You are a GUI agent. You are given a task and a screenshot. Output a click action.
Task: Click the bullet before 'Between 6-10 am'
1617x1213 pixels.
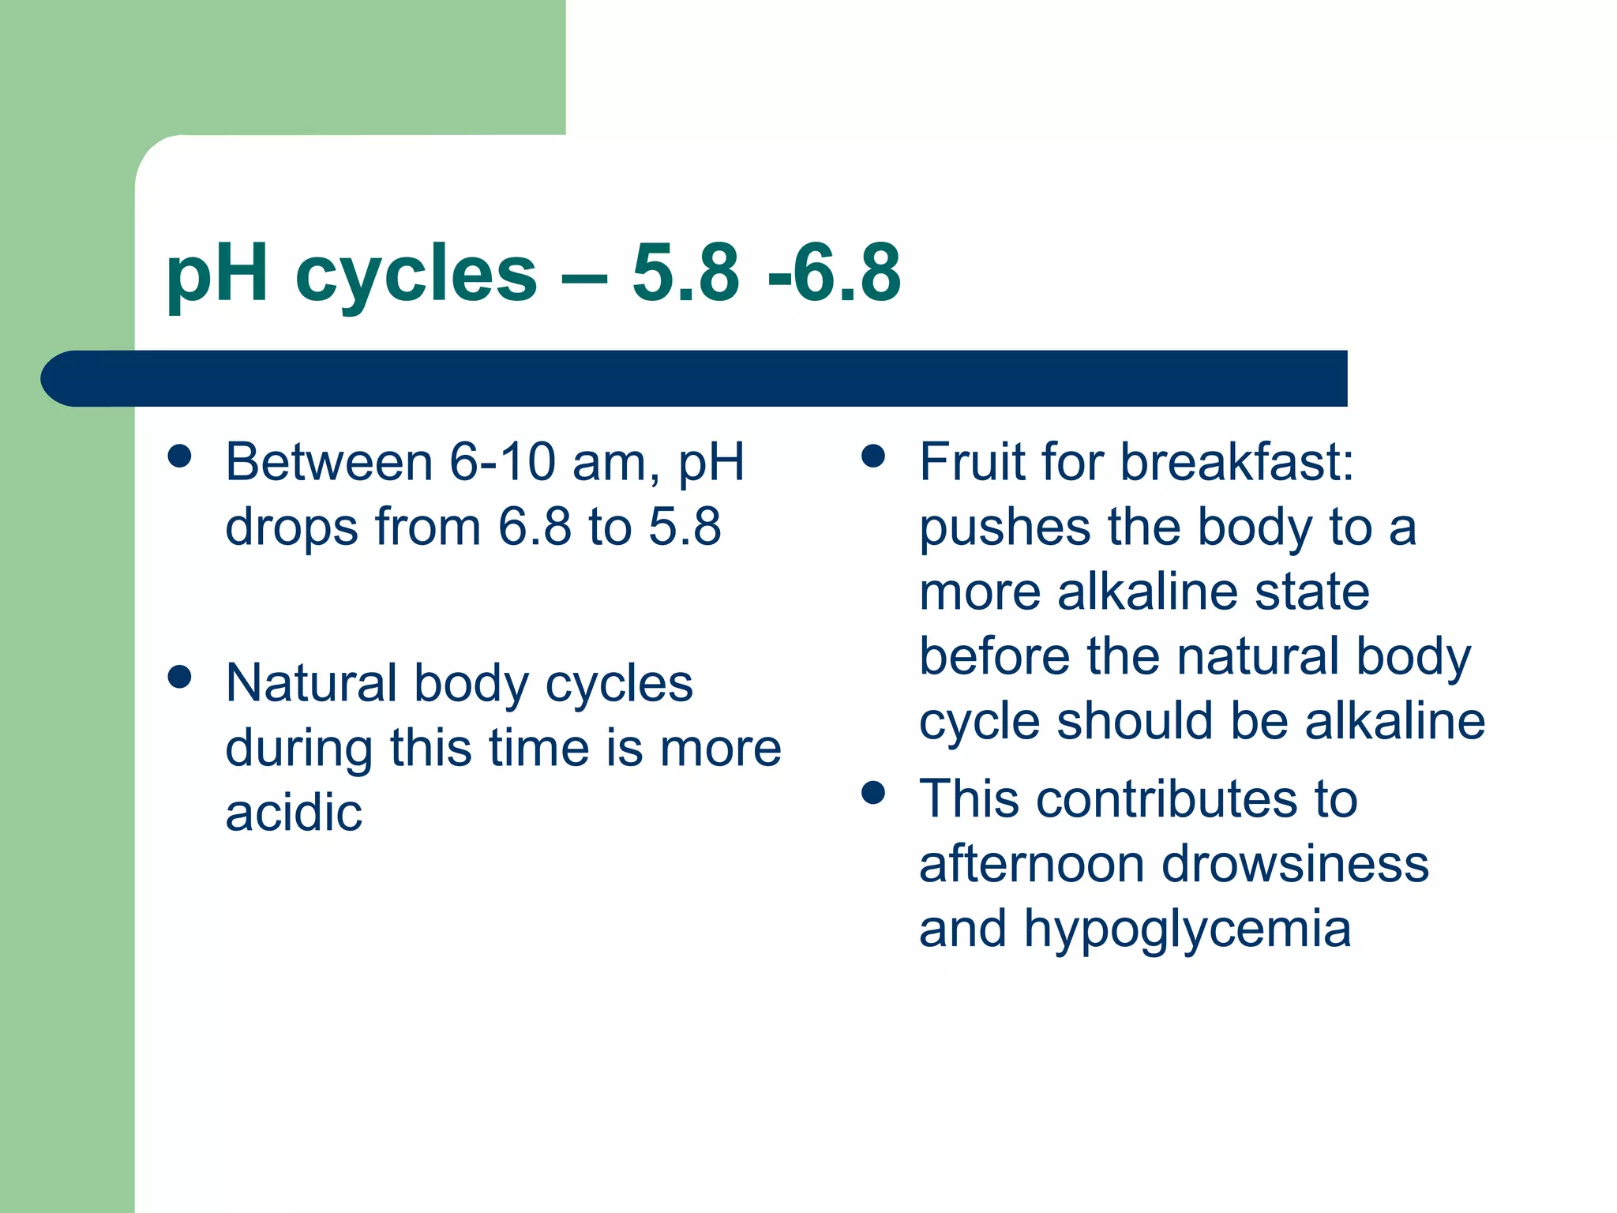(x=180, y=456)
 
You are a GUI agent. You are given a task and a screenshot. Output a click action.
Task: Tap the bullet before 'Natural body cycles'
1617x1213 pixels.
(x=180, y=677)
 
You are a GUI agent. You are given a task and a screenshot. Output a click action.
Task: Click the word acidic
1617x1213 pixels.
(x=294, y=813)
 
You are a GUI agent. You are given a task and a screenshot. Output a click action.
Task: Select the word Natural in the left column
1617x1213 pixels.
(x=310, y=683)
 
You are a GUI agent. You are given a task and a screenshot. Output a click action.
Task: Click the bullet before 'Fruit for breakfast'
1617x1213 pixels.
(x=872, y=456)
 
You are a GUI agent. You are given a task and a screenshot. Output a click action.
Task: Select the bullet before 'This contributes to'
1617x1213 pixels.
(x=872, y=792)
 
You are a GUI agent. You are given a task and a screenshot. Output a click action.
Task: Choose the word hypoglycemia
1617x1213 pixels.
(x=1187, y=929)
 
